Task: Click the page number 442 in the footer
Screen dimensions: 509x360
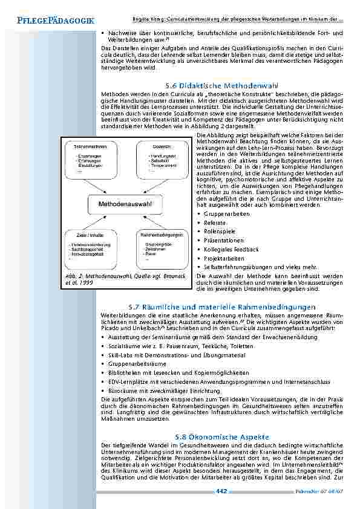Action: pos(221,491)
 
